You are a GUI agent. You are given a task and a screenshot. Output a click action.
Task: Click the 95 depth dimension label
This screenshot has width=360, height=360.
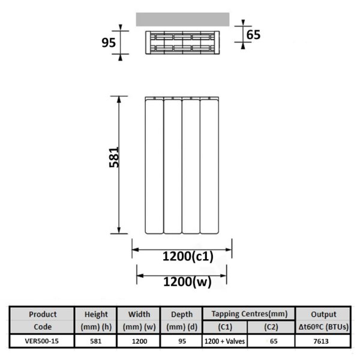click(x=109, y=43)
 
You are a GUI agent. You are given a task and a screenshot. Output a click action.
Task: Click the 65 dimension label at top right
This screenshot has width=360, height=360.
click(x=253, y=35)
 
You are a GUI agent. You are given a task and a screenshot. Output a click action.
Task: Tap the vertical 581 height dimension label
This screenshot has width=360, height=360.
click(x=114, y=157)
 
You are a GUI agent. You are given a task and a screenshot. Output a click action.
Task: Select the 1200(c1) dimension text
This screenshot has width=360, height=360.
click(x=188, y=256)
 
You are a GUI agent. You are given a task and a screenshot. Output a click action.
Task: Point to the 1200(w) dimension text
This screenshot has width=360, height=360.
click(x=187, y=282)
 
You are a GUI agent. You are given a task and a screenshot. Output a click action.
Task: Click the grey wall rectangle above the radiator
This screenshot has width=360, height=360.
click(x=183, y=20)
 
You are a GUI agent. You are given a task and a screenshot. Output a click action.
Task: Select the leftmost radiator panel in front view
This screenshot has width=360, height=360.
click(x=154, y=166)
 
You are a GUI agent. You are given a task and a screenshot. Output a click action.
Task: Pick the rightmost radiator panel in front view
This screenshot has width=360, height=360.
click(x=209, y=166)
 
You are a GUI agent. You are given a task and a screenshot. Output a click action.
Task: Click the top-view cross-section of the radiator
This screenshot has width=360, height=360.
click(x=182, y=43)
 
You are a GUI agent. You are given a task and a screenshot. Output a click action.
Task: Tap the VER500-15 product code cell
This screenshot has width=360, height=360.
click(x=42, y=341)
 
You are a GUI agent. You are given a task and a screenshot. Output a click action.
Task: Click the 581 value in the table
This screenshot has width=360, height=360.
click(x=96, y=341)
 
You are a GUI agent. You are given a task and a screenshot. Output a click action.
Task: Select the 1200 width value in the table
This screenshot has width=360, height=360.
click(x=139, y=341)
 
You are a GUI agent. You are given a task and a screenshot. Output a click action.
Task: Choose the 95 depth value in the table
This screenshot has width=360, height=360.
click(x=182, y=341)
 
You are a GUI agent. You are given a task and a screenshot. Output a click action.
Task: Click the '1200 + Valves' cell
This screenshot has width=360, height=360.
click(x=225, y=341)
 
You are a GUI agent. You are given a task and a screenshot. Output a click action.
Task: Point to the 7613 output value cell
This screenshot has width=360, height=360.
click(x=321, y=341)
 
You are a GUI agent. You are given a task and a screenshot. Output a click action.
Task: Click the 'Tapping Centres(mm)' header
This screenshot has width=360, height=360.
click(x=250, y=314)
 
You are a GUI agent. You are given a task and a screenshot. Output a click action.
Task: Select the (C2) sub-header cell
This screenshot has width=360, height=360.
click(x=271, y=327)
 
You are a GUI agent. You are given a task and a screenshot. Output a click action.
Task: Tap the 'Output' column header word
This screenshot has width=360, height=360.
click(x=323, y=314)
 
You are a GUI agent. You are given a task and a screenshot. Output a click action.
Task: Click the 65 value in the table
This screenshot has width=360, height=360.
click(x=274, y=341)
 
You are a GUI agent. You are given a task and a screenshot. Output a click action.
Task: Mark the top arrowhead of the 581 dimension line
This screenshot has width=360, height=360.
click(x=119, y=99)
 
